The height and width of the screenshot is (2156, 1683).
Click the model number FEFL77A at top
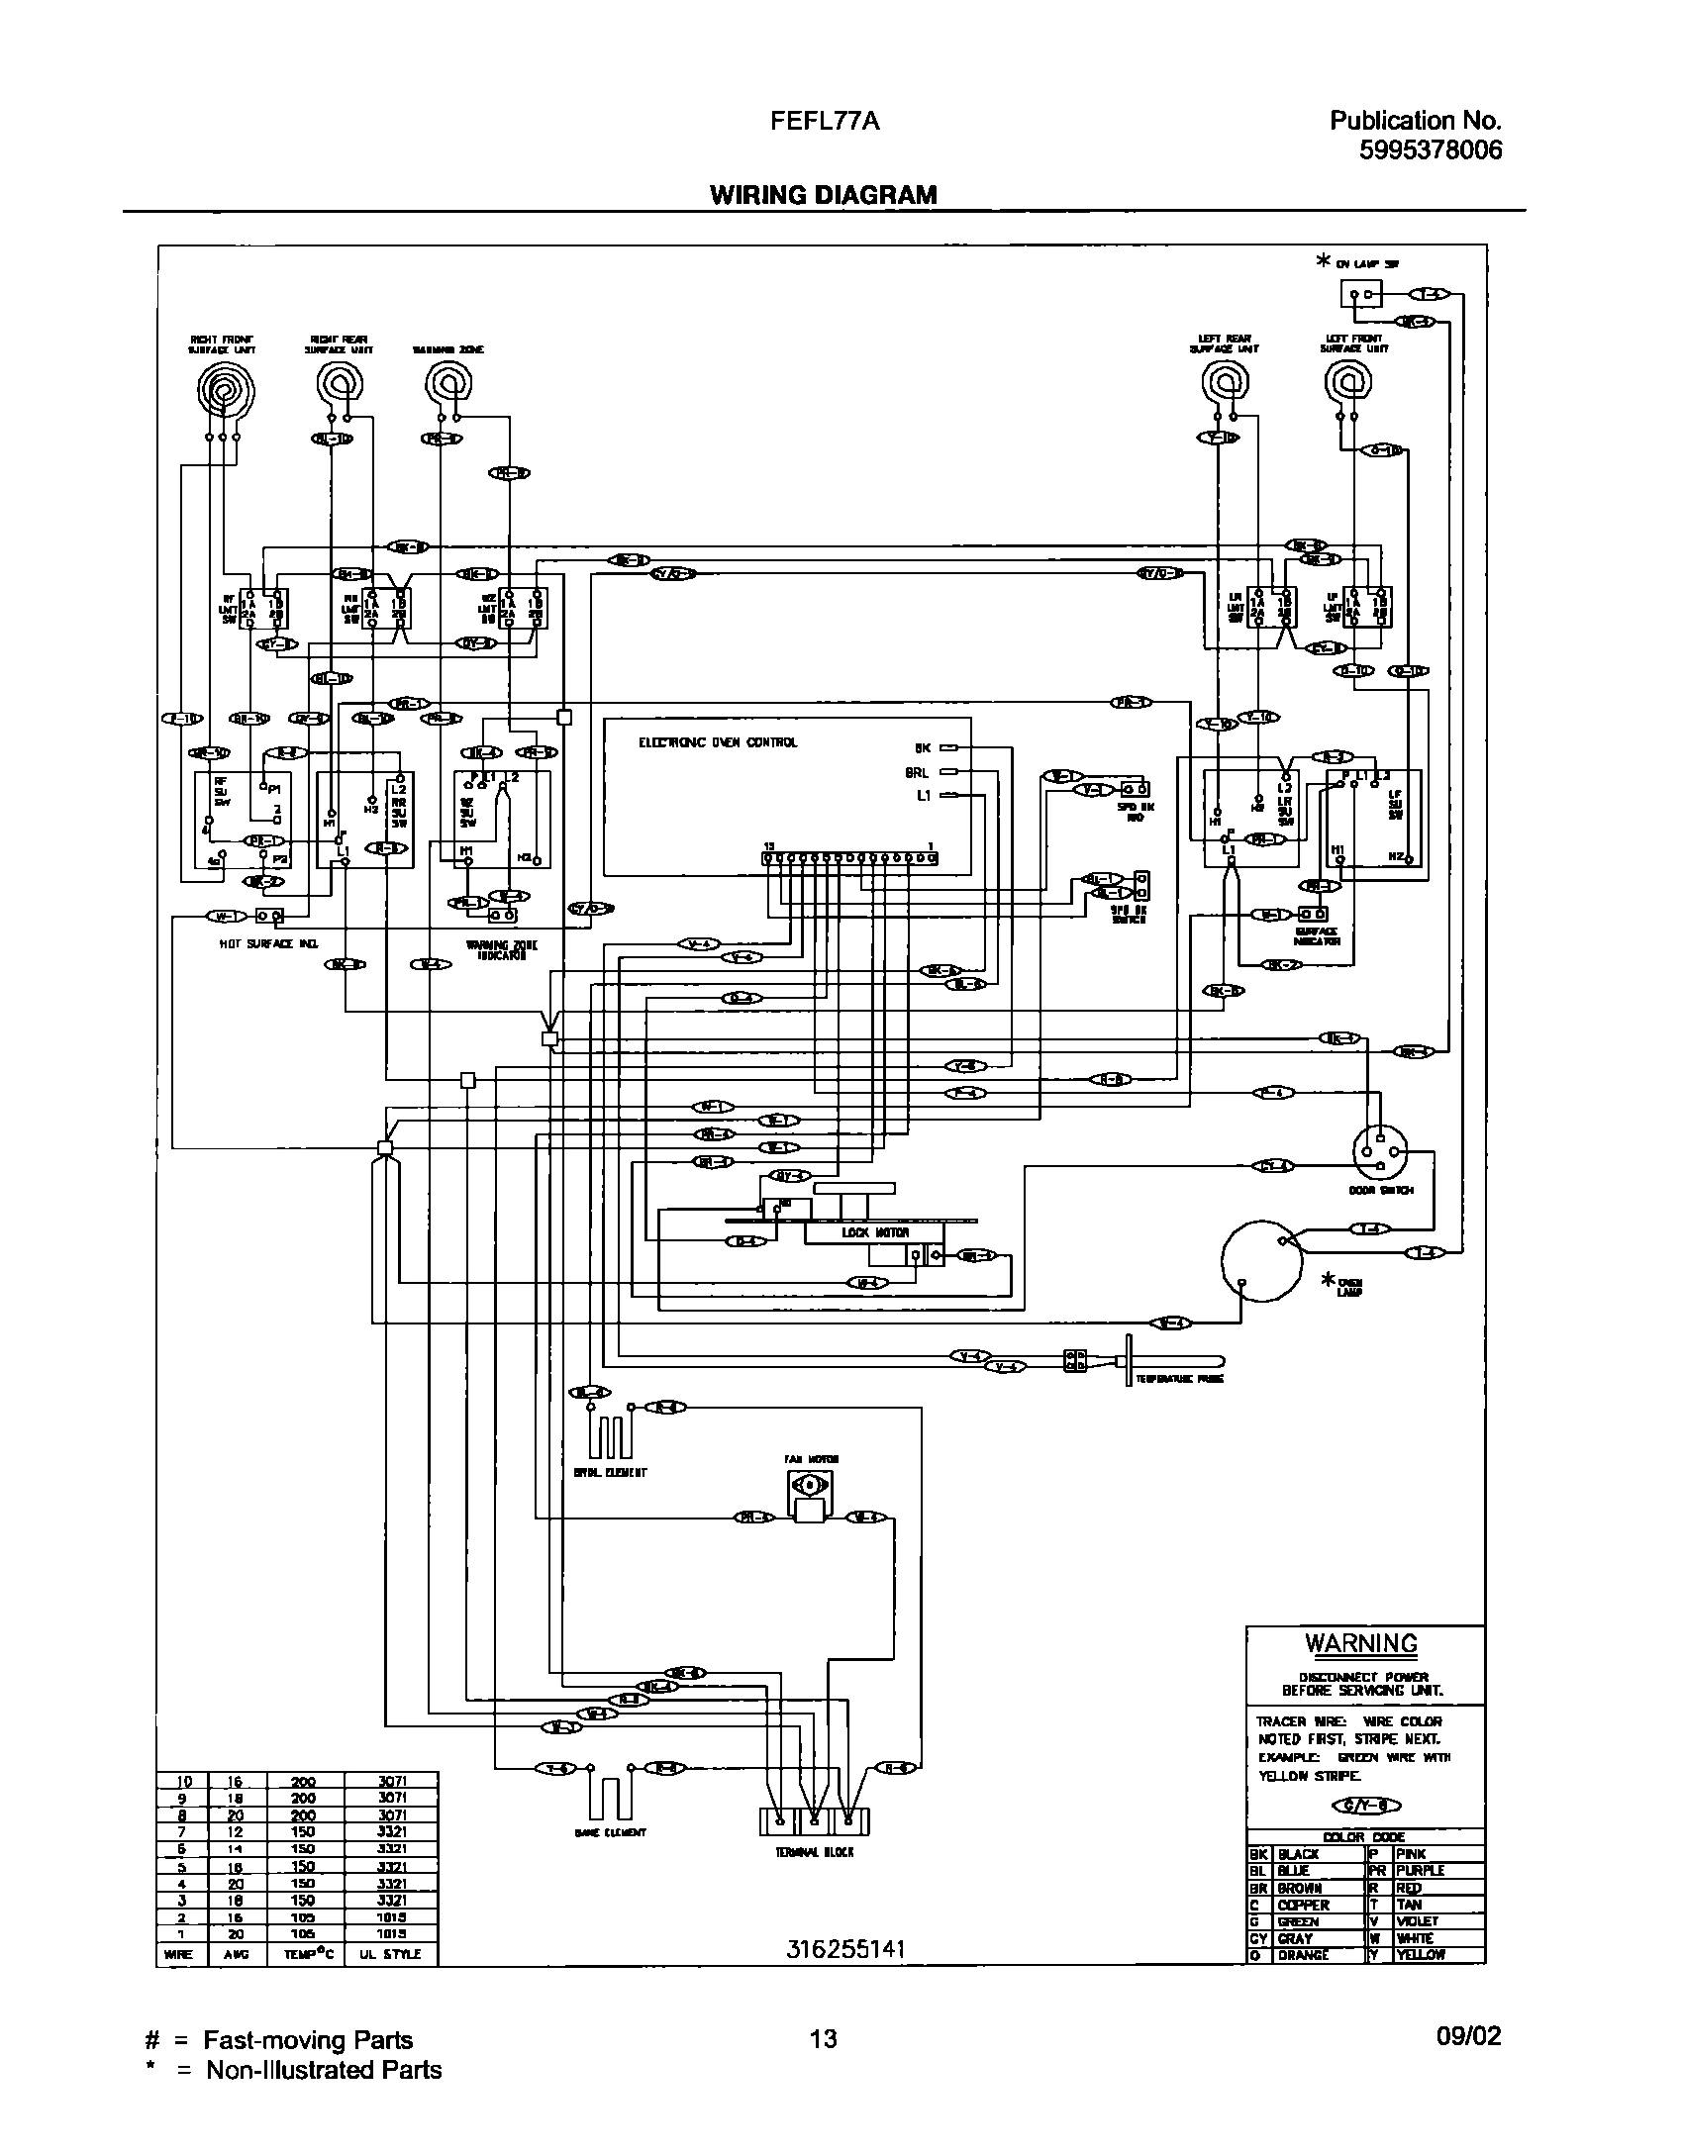coord(825,122)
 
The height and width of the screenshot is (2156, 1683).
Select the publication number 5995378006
coord(1429,149)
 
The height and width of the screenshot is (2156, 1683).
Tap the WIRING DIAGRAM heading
coord(823,195)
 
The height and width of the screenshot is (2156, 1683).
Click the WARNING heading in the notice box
coord(1361,1643)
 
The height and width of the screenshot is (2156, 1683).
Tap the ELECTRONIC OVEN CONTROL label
coord(718,742)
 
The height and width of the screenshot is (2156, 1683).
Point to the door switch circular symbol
coord(1381,1150)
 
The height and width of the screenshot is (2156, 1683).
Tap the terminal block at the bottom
coord(814,1823)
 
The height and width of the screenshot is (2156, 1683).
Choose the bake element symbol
coord(611,1798)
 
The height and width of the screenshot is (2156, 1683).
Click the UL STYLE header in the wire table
coord(392,1954)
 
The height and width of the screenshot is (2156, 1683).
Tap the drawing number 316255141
coord(846,1948)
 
